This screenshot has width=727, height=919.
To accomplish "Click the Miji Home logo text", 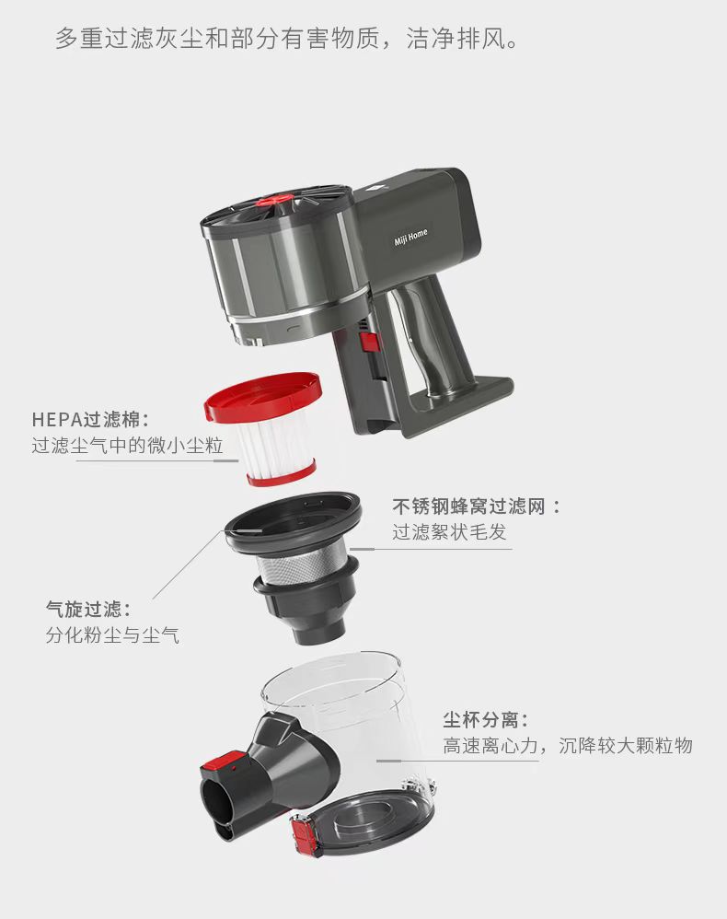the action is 410,238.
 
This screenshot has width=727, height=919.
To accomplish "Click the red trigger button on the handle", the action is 370,343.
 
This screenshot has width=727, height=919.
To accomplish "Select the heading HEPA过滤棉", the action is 91,419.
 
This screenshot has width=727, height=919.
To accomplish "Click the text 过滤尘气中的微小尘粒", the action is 127,446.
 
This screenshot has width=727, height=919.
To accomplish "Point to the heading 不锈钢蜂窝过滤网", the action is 476,506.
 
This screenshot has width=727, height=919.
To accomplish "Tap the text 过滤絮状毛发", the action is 449,532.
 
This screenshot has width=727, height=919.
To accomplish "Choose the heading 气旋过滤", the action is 88,609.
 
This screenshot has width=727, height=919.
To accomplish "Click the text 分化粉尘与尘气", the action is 112,634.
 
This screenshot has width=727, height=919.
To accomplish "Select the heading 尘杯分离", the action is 486,719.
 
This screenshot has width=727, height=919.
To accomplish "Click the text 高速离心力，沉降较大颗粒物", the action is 568,746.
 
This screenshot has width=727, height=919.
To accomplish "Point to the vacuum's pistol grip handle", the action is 427,328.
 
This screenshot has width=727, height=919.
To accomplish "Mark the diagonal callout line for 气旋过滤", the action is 189,564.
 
